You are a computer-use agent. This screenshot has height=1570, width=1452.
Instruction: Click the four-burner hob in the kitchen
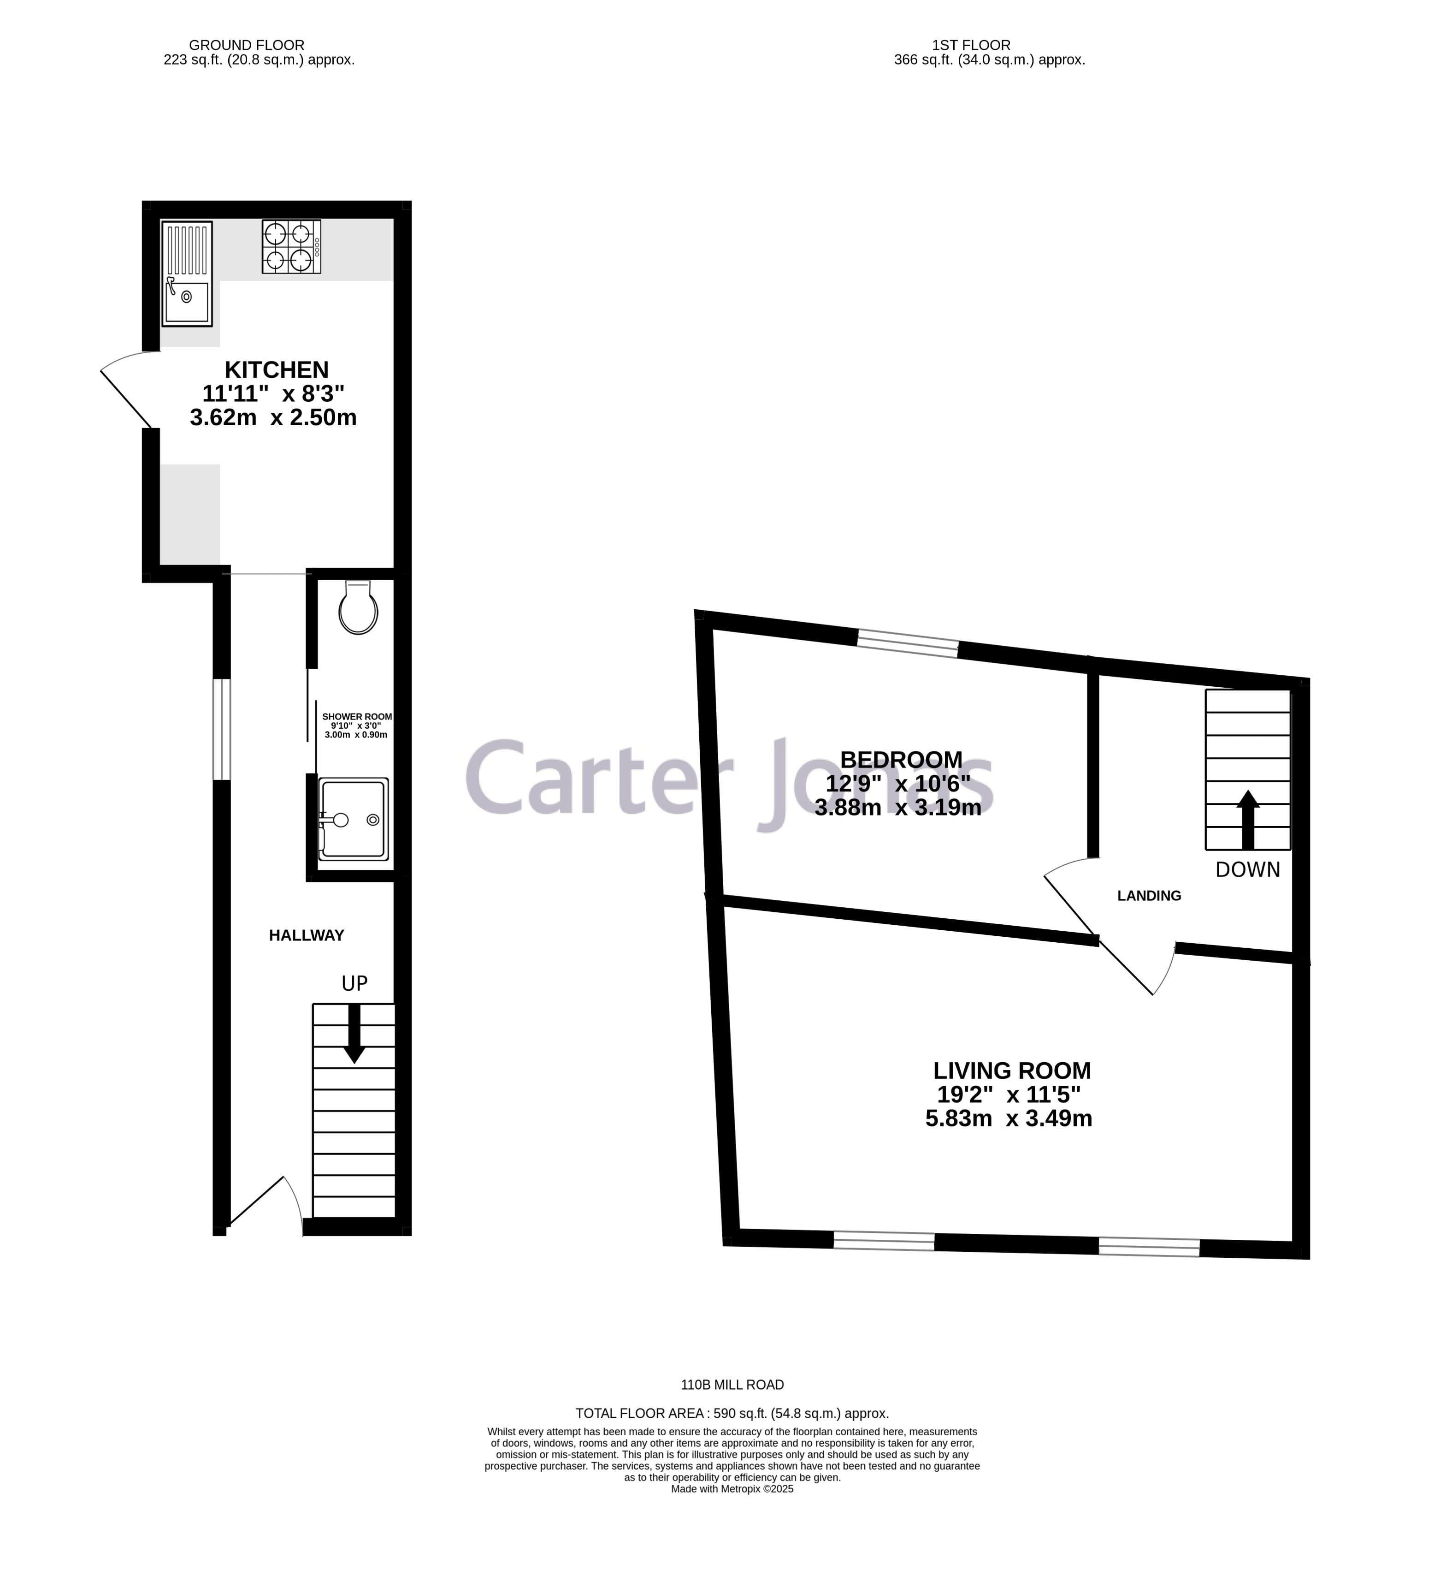click(291, 246)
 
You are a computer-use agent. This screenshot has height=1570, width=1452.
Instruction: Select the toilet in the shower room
click(358, 608)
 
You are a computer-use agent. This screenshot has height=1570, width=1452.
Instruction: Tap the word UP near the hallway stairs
click(354, 983)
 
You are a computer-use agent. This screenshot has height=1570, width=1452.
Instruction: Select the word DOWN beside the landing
click(1248, 869)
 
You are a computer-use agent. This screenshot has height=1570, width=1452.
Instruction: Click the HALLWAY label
click(307, 935)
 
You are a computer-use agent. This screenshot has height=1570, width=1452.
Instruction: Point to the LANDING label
click(1149, 895)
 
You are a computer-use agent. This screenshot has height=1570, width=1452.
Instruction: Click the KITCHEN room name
click(277, 369)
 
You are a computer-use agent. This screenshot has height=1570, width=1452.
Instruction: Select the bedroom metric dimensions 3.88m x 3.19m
click(898, 808)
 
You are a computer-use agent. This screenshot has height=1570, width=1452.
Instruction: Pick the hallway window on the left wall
click(222, 729)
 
